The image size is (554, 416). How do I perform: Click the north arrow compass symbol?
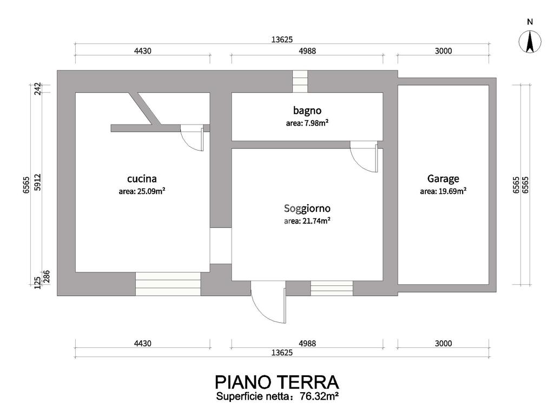530,42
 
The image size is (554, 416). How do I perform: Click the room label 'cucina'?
142,179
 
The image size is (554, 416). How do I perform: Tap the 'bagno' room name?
307,110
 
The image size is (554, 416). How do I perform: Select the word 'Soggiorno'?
307,209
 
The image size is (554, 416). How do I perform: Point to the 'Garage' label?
443,179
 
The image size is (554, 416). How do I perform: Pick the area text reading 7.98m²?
316,123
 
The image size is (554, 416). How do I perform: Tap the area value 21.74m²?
316,221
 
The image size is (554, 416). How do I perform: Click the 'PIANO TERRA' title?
277,382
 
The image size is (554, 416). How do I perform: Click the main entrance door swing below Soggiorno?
268,302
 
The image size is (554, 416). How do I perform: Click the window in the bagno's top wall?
300,82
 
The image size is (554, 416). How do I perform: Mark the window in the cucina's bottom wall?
168,284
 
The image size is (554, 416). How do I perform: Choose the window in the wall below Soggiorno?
332,288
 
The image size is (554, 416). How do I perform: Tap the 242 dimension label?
38,88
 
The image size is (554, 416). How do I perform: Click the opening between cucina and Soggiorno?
221,246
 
